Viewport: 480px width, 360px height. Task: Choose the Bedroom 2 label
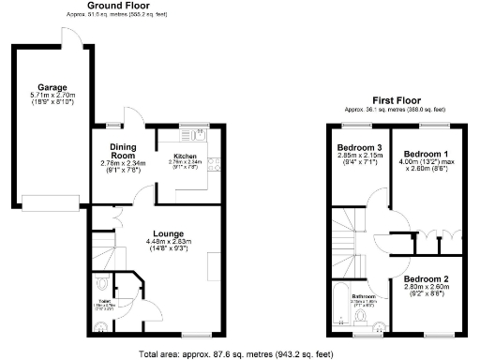click(426, 278)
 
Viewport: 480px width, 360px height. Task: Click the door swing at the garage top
click(70, 35)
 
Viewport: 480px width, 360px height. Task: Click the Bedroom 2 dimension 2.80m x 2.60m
click(426, 287)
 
